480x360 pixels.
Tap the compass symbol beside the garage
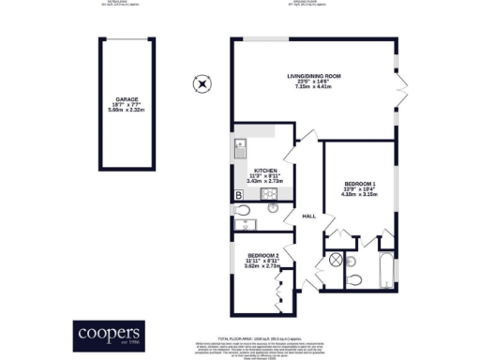[200, 84]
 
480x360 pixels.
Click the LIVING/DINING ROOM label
[314, 76]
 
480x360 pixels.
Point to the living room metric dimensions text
[314, 89]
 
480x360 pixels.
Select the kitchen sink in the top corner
[240, 145]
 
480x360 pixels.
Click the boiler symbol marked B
[238, 195]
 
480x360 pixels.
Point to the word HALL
[308, 216]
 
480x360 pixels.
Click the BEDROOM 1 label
[359, 183]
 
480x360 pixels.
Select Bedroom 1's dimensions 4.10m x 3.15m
[359, 195]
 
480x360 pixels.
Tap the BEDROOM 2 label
[263, 255]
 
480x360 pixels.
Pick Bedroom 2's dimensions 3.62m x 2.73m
[263, 266]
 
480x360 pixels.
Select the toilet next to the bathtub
[353, 279]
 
